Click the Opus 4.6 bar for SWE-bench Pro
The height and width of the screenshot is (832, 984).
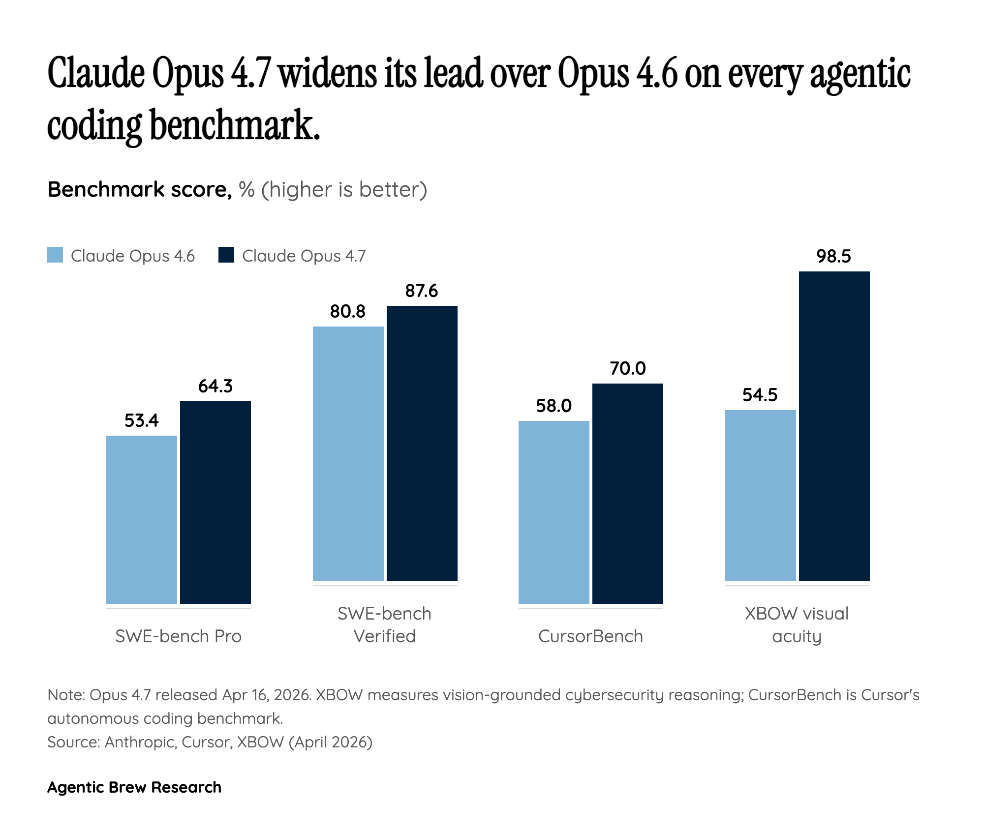142,519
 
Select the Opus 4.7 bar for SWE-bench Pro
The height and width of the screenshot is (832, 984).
215,502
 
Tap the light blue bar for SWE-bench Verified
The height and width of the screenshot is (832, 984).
348,453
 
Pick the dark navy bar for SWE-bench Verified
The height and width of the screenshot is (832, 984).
422,443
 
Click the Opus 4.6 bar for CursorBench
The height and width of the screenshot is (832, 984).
554,512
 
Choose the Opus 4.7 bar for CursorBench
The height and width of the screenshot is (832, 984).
628,493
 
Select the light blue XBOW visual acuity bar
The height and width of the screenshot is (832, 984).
761,495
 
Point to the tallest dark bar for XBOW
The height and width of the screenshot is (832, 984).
834,426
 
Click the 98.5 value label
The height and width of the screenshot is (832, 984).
834,257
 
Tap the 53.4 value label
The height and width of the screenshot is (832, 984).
142,421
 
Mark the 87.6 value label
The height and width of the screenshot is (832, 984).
422,291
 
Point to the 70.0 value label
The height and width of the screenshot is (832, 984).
628,368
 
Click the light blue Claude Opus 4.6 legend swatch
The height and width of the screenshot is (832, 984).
55,255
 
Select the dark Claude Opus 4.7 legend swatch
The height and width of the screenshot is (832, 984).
226,255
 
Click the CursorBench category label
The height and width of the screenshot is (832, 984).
590,636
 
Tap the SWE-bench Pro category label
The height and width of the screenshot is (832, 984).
178,636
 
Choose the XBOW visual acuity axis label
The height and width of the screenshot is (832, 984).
797,625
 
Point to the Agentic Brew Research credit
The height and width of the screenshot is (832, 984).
134,787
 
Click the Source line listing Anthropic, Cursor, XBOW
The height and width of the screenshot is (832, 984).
210,742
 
